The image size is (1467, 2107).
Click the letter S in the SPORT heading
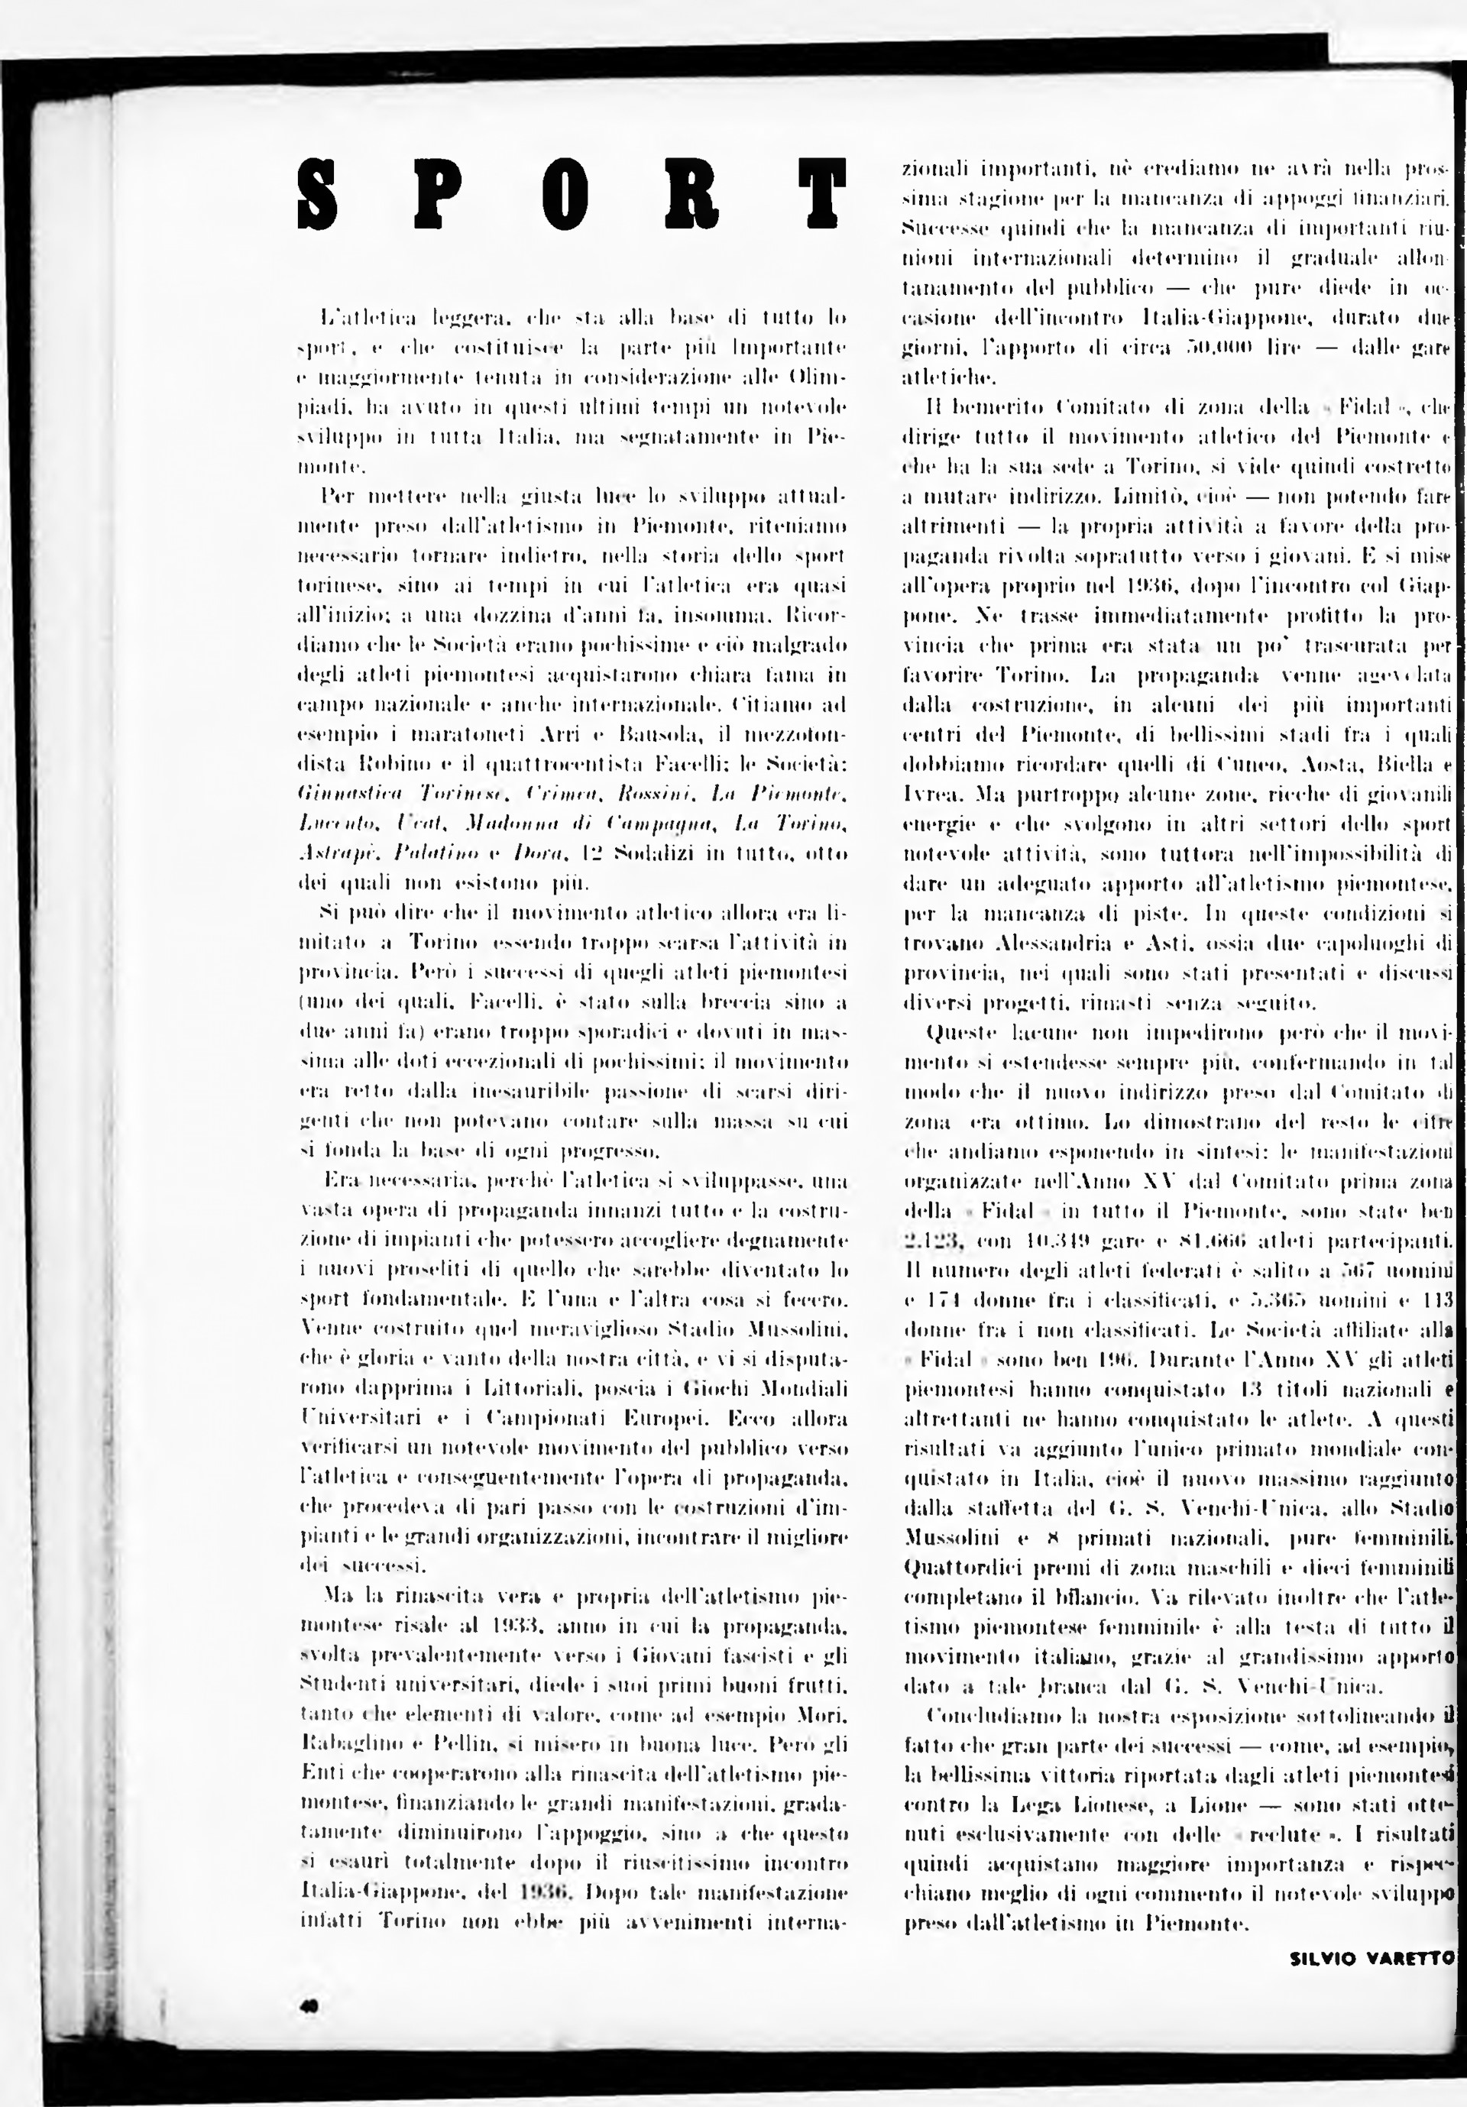tap(319, 195)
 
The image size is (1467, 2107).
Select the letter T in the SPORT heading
tap(821, 195)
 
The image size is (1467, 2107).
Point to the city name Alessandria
tap(989, 943)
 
